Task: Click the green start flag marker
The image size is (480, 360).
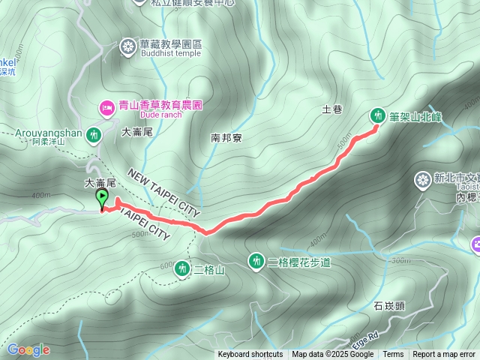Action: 103,199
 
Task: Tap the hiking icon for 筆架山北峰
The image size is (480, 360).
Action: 377,115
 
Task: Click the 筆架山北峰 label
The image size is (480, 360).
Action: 415,116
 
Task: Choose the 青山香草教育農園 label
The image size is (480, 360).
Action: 160,106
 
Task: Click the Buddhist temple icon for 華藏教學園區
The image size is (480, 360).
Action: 128,47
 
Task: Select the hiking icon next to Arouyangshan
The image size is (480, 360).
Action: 94,136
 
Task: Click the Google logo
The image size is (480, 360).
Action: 28,350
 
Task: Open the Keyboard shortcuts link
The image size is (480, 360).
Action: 250,355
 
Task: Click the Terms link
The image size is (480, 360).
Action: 393,355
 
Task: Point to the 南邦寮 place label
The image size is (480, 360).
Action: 226,138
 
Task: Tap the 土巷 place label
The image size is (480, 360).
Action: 331,109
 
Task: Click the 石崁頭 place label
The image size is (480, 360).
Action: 389,305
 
